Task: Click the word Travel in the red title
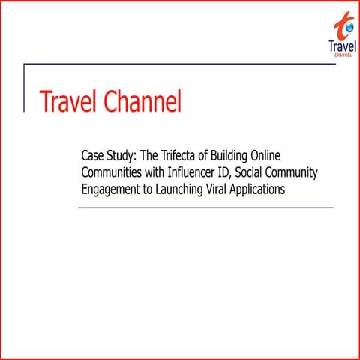[67, 101]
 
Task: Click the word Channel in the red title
[142, 101]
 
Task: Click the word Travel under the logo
[342, 46]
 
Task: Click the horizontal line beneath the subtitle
[206, 208]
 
